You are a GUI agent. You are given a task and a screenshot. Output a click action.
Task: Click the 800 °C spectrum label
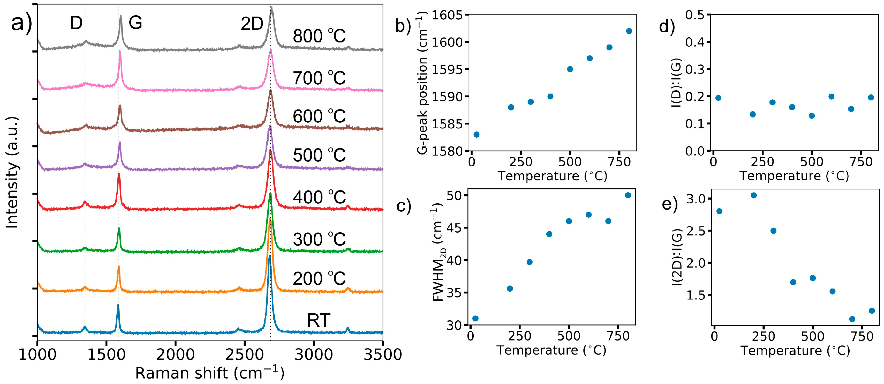point(319,36)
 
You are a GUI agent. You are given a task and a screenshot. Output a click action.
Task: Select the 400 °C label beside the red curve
point(319,197)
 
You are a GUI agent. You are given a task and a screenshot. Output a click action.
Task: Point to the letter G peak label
point(135,23)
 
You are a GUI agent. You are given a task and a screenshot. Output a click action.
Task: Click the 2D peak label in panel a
point(252,24)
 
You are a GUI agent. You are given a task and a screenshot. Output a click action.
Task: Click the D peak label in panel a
point(76,23)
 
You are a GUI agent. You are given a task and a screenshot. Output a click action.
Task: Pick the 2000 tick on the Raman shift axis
point(175,355)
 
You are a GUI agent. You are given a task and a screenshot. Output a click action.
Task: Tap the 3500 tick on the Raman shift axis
point(382,355)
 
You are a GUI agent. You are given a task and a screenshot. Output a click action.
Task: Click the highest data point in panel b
point(629,31)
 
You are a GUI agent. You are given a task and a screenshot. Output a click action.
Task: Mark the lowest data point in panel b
point(476,134)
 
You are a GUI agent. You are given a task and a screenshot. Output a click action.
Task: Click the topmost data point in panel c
point(628,195)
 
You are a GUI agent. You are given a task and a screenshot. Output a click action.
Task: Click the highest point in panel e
point(754,195)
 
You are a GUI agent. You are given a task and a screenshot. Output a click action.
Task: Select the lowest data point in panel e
point(852,319)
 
